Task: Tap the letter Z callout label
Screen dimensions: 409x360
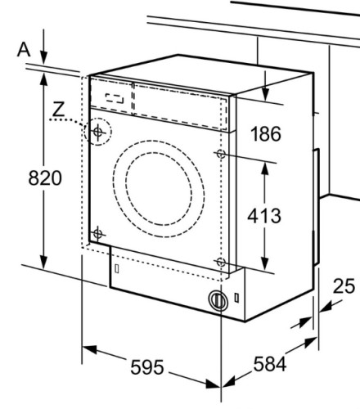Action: click(57, 108)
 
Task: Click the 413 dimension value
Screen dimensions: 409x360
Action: click(263, 216)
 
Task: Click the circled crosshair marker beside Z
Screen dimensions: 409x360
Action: click(99, 131)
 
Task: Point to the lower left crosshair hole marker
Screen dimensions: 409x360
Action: click(97, 234)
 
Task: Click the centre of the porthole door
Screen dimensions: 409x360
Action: click(159, 185)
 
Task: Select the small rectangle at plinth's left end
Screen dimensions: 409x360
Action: click(118, 268)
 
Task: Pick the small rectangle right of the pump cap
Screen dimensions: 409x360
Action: click(237, 299)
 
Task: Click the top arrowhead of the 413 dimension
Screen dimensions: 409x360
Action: click(265, 164)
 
